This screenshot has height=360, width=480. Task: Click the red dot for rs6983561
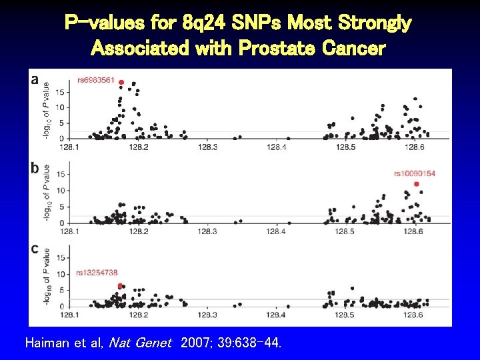pos(121,82)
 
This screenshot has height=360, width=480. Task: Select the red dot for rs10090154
pos(417,184)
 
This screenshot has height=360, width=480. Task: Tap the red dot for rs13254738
pos(120,285)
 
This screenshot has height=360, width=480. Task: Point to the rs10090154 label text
pos(414,173)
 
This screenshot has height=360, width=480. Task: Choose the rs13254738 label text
pos(97,272)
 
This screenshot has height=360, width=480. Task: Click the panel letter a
pos(35,79)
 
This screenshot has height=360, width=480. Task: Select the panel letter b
pos(35,168)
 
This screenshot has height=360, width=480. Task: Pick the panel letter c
pos(35,249)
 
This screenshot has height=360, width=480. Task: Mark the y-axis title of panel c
pos(47,277)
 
